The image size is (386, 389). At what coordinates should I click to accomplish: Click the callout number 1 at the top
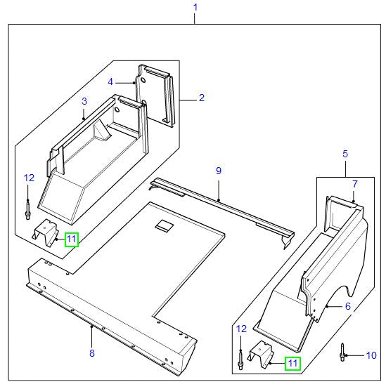pyautogui.click(x=195, y=8)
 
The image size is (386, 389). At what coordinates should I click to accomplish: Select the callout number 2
pyautogui.click(x=201, y=98)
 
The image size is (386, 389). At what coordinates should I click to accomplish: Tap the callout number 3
pyautogui.click(x=84, y=101)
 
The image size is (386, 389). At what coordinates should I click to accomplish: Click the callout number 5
pyautogui.click(x=345, y=153)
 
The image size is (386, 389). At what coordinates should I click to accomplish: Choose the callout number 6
pyautogui.click(x=347, y=306)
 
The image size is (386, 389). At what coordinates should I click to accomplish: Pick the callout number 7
pyautogui.click(x=354, y=184)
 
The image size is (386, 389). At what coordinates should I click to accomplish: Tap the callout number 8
pyautogui.click(x=91, y=353)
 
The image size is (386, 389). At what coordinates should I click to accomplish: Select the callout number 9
pyautogui.click(x=218, y=171)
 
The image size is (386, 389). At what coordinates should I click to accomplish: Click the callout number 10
pyautogui.click(x=372, y=356)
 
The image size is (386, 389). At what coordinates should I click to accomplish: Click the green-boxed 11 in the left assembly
pyautogui.click(x=71, y=239)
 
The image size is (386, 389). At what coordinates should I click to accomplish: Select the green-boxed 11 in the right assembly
pyautogui.click(x=291, y=363)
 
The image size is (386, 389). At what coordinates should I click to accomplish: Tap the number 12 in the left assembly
pyautogui.click(x=28, y=178)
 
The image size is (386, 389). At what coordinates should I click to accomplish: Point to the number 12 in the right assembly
pyautogui.click(x=242, y=329)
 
